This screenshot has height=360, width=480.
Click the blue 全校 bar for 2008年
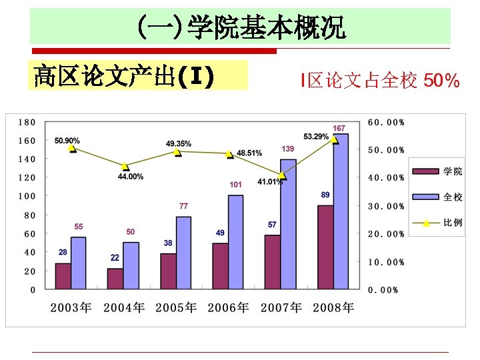click(340, 211)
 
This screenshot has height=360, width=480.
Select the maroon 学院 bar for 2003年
click(63, 276)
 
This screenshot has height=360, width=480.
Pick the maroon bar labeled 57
click(272, 262)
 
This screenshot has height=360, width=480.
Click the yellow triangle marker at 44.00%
click(125, 166)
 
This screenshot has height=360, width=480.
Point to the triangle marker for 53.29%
click(335, 140)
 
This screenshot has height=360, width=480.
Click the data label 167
click(339, 128)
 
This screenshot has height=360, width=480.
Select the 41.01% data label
click(270, 181)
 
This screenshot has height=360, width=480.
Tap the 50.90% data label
click(67, 141)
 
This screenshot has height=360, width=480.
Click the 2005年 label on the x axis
click(176, 307)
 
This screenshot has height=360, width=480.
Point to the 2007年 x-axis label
click(281, 307)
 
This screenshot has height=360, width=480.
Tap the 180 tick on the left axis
click(27, 122)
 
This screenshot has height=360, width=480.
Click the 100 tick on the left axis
click(27, 197)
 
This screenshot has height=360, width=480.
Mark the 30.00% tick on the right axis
click(386, 206)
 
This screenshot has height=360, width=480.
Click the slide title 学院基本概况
click(267, 29)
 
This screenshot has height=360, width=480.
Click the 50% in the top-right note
click(441, 81)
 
